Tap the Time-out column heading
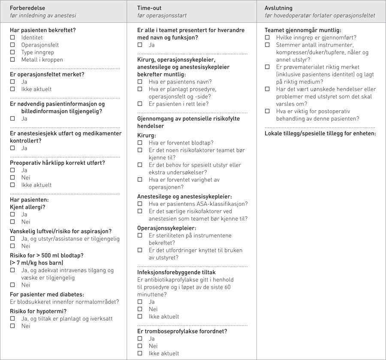pos(149,8)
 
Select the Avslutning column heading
pos(278,8)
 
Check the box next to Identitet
pos(12,38)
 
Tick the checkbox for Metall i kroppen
pos(12,60)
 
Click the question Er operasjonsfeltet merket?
pos(47,74)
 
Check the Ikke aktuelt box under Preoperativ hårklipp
pos(12,185)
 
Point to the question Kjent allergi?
pos(27,207)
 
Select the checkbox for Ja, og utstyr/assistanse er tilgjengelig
pos(12,239)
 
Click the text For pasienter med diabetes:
pos(47,294)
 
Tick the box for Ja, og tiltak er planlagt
pos(12,319)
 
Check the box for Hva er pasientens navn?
pos(140,82)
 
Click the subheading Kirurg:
pos(147,135)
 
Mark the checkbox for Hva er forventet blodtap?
pos(140,143)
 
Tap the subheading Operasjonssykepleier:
pos(166,228)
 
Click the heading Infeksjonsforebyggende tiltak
pos(176,272)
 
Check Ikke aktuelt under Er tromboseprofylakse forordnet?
pos(140,354)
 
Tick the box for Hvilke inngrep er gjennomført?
pos(267,38)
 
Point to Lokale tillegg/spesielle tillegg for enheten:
pos(320,133)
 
